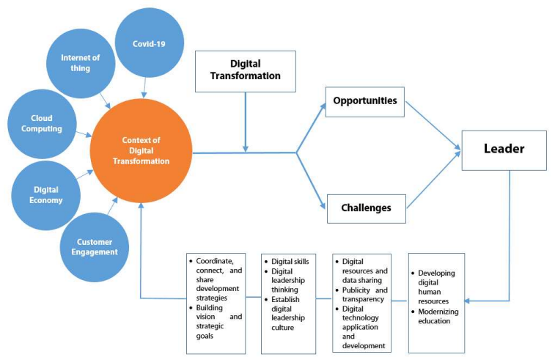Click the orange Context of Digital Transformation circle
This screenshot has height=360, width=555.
pos(141,151)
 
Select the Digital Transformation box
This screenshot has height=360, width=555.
pos(245,70)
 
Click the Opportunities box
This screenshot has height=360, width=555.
pos(365,100)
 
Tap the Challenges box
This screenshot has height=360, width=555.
pos(366,207)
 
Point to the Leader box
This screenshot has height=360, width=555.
pos(504,150)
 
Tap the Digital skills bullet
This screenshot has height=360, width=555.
pos(289,261)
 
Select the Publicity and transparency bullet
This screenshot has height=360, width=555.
pos(362,295)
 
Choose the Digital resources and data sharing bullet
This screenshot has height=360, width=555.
pos(362,270)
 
